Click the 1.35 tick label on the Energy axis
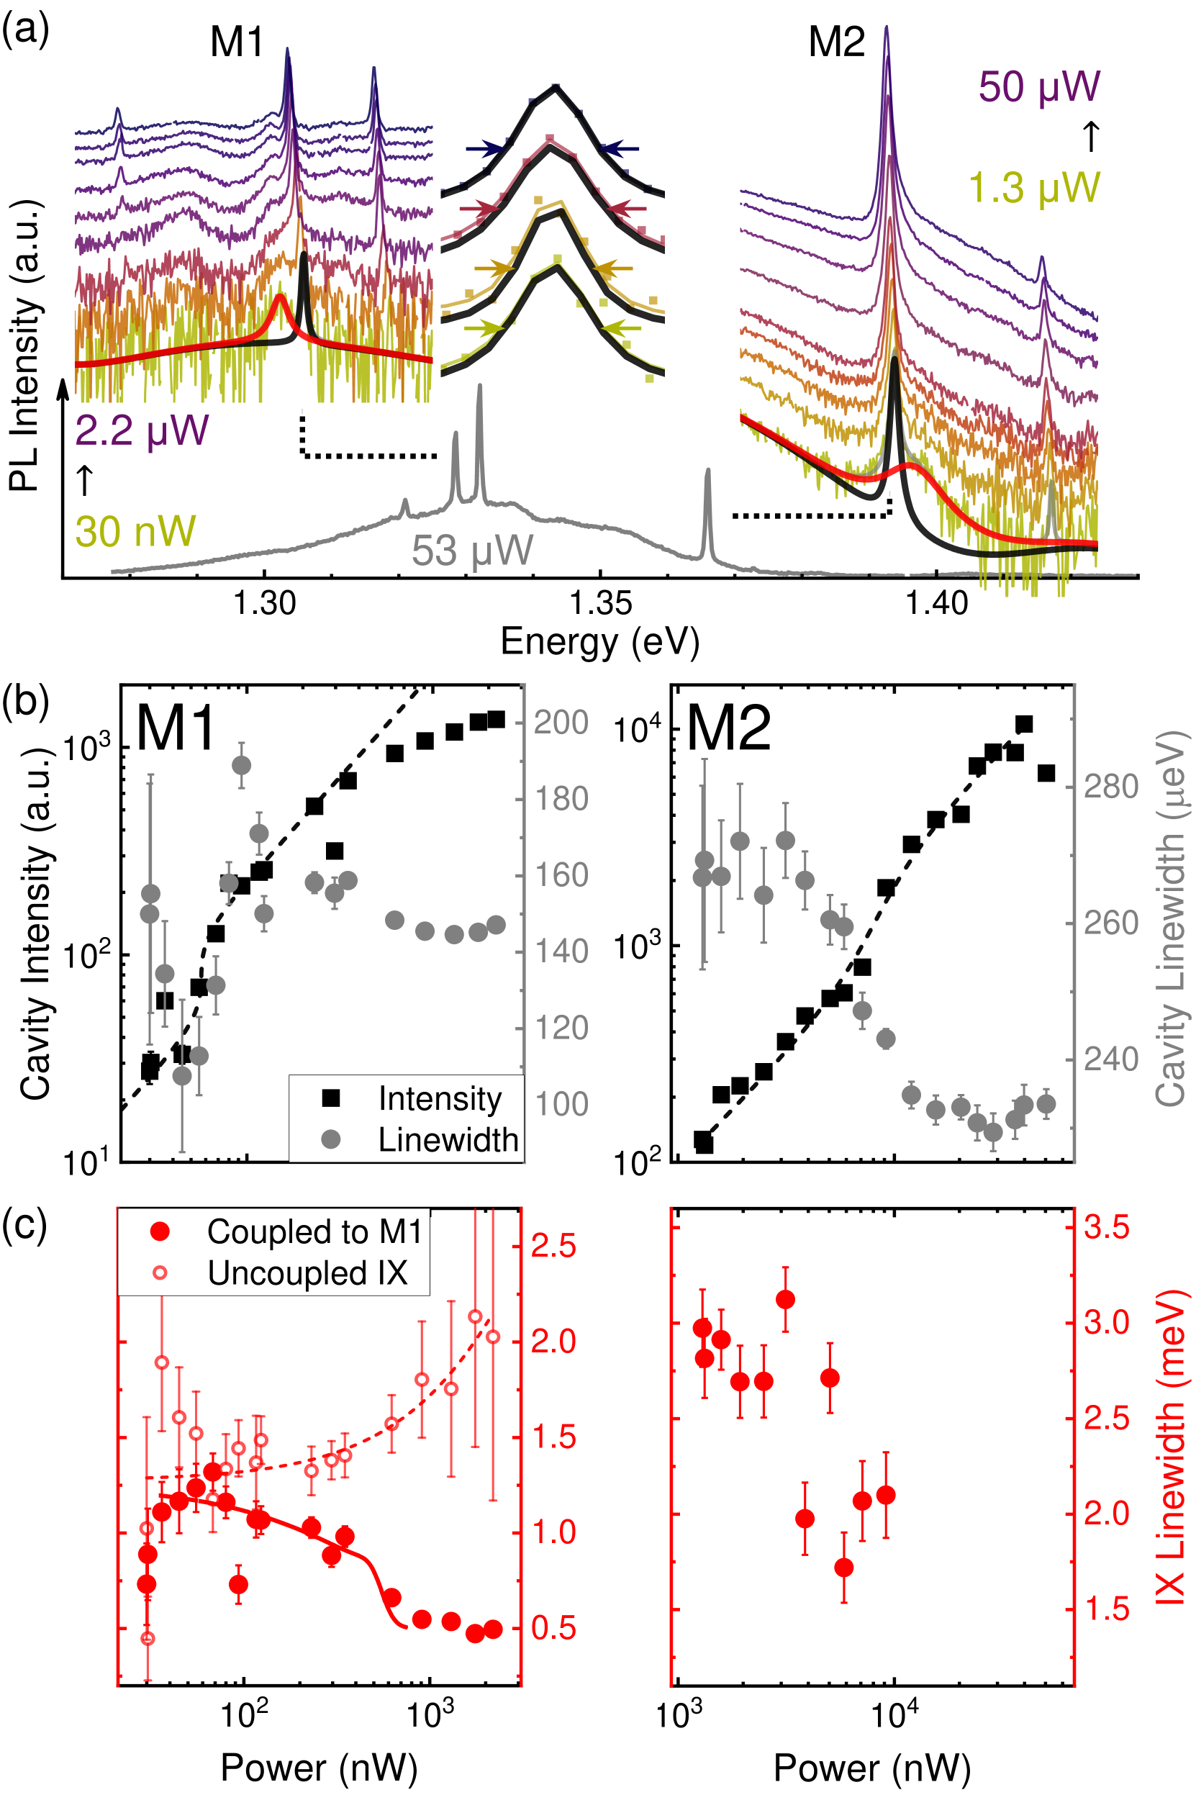[x=600, y=602]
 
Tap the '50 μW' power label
[x=1039, y=87]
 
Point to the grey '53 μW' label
[x=472, y=550]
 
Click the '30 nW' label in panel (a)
[x=135, y=532]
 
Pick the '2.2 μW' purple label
[x=142, y=430]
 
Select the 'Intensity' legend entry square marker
[x=331, y=1098]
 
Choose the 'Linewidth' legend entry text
[x=448, y=1140]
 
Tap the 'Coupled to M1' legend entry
[x=314, y=1232]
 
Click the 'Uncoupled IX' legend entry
[x=307, y=1273]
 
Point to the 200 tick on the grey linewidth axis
[x=561, y=722]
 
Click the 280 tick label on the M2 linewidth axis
[x=1110, y=787]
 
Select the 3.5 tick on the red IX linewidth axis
[x=1107, y=1227]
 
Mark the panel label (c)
[x=25, y=1224]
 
